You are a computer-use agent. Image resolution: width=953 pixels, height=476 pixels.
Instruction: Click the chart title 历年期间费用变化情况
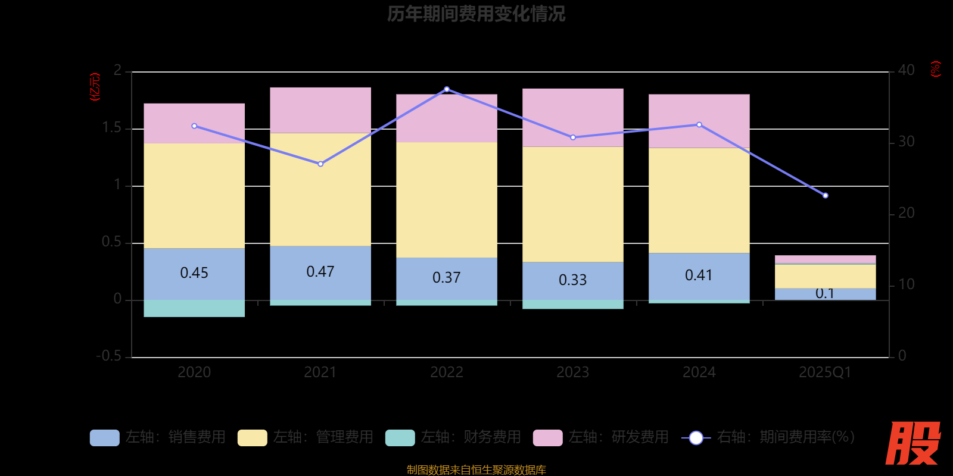[476, 14]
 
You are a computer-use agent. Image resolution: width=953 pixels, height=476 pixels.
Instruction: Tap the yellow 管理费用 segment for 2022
[447, 199]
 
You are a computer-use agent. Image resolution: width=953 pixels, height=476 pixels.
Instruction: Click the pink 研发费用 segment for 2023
[573, 117]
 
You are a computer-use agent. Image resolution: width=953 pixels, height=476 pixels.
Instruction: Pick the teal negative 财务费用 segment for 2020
[194, 308]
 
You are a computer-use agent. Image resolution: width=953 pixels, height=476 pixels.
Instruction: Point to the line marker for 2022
[447, 89]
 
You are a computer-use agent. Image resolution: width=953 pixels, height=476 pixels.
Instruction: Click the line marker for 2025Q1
[825, 195]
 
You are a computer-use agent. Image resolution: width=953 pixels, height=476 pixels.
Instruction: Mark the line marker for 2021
[320, 164]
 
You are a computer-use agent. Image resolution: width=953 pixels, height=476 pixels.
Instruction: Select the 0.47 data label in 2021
[320, 272]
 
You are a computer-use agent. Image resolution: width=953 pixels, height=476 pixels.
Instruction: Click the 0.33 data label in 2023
[573, 280]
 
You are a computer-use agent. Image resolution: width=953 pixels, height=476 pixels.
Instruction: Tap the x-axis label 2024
[699, 372]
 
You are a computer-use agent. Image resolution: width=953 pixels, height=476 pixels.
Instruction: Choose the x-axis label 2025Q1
[825, 372]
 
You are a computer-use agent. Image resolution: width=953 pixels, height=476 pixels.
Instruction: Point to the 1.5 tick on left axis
[111, 128]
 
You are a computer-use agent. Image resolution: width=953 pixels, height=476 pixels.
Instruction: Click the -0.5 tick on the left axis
[109, 356]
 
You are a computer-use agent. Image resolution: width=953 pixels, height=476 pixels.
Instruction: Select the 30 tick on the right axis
[906, 142]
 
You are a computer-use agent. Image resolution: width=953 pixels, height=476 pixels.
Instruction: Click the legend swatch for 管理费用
[252, 437]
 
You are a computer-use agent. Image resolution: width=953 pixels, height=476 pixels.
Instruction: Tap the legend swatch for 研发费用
[547, 437]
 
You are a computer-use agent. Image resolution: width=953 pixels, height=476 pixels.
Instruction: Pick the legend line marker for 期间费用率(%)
[696, 438]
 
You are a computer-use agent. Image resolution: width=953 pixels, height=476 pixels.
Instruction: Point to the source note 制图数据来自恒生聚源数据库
[476, 469]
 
